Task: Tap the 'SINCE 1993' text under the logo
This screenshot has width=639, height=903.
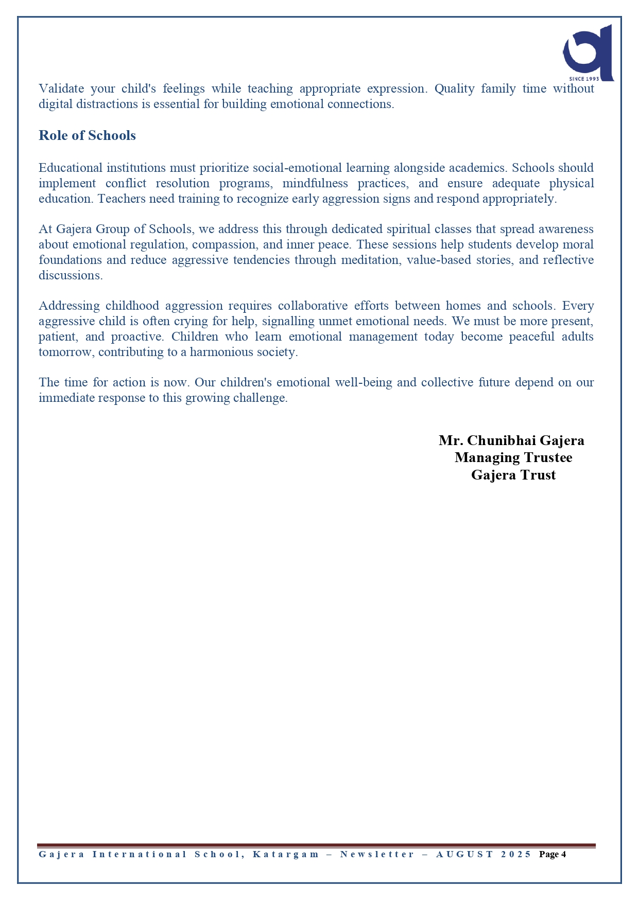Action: (584, 79)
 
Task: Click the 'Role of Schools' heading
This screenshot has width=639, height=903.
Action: (87, 135)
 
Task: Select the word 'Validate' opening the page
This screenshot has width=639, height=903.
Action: (61, 88)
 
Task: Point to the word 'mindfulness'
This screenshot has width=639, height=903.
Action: (315, 183)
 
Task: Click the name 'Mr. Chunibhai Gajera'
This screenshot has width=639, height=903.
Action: (511, 440)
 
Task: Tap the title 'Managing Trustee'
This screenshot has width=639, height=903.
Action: (513, 457)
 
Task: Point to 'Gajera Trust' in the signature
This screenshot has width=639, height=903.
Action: (513, 474)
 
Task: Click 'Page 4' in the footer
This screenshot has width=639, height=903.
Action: (552, 855)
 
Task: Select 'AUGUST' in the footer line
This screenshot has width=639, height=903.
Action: (464, 855)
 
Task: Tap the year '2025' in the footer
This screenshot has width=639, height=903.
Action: (516, 855)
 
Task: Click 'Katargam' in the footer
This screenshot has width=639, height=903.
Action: (286, 855)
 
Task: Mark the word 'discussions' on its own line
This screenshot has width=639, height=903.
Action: (70, 275)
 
